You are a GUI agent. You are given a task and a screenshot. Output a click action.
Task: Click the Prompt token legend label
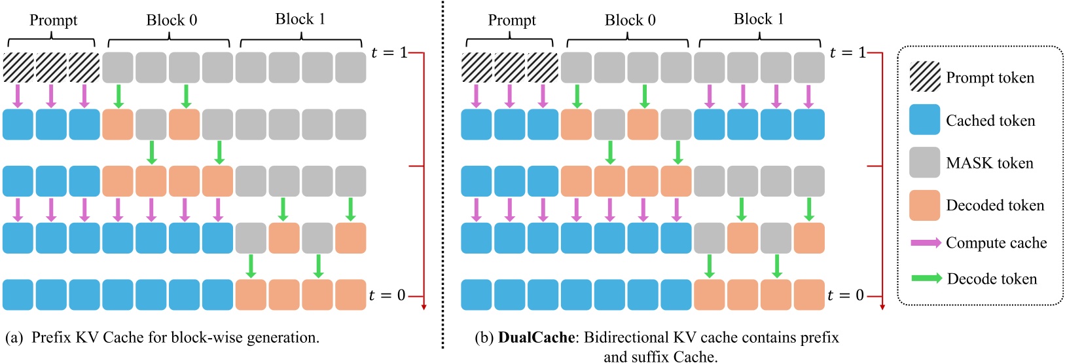tap(990, 78)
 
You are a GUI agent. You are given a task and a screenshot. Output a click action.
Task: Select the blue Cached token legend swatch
tap(924, 120)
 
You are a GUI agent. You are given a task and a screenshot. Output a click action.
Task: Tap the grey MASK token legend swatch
tap(924, 162)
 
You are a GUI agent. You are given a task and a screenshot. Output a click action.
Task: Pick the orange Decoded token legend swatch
tap(924, 205)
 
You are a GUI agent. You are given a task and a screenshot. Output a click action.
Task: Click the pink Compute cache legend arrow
tap(926, 243)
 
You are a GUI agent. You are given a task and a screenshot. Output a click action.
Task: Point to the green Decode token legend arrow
tap(926, 278)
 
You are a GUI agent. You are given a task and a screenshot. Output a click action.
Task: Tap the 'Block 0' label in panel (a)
tap(171, 20)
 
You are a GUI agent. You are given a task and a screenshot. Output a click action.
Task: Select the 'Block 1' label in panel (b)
tap(759, 19)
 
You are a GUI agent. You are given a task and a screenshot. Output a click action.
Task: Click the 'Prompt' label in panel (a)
tap(53, 20)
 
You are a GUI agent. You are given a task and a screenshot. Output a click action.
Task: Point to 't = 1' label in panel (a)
tap(389, 52)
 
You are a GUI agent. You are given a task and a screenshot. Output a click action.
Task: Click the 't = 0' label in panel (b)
tap(845, 296)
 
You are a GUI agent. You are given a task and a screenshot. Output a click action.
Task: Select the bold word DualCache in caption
tap(536, 337)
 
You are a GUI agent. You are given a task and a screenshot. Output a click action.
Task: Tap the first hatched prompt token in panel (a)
tap(18, 67)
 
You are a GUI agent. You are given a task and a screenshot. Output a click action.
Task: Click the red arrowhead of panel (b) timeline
tap(882, 306)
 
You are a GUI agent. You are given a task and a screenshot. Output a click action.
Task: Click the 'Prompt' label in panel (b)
tap(512, 20)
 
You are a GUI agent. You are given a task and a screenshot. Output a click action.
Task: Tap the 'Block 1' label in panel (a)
tap(300, 19)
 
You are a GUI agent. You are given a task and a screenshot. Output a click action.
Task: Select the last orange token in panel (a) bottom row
tap(350, 295)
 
